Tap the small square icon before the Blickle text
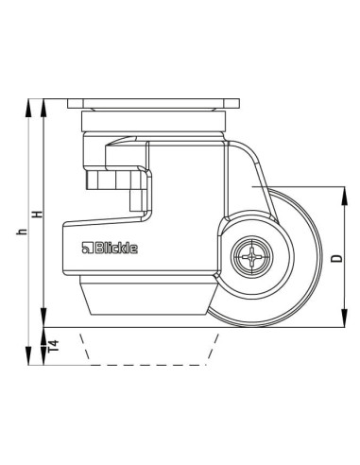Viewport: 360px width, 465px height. [85, 250]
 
